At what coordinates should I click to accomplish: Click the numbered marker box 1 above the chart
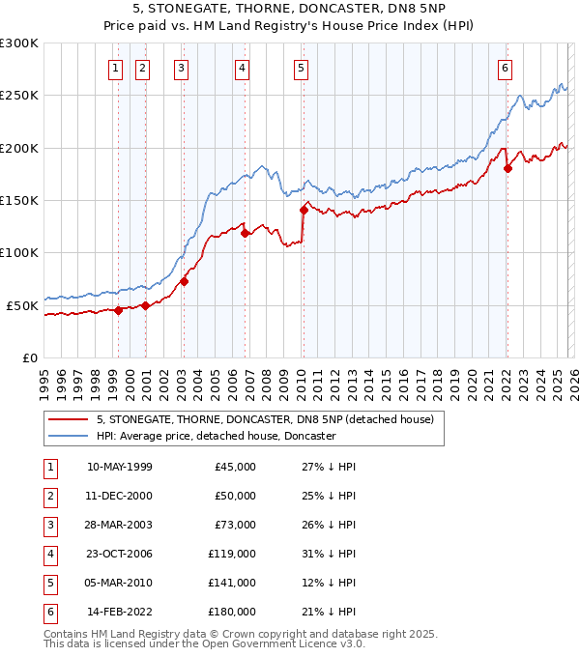click(116, 68)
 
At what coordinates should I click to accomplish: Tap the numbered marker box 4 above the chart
click(242, 68)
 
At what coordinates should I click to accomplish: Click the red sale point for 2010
click(304, 210)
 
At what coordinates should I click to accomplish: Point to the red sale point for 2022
click(507, 169)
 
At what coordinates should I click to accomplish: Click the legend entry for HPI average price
click(216, 436)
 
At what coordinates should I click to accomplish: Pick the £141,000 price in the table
click(232, 583)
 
